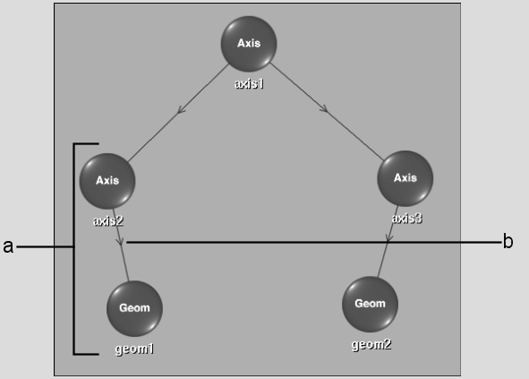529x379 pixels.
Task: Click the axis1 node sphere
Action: [249, 44]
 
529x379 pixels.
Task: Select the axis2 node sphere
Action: [107, 181]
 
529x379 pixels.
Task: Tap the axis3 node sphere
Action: [405, 178]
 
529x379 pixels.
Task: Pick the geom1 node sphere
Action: [134, 308]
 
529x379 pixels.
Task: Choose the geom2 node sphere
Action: [370, 304]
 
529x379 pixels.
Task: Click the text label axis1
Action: [249, 83]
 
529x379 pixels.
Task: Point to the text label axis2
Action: [108, 221]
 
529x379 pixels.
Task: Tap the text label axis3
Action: [407, 219]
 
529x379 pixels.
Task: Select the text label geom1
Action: [134, 349]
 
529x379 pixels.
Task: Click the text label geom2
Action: [371, 345]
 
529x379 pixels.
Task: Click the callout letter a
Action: [8, 246]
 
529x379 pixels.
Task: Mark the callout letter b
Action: [508, 242]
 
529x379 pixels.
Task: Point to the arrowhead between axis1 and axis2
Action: [181, 110]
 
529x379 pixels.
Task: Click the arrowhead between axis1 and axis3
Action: [323, 108]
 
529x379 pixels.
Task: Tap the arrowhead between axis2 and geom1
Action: [120, 241]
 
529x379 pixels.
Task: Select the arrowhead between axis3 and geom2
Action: [388, 238]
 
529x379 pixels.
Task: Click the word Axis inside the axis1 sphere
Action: [249, 43]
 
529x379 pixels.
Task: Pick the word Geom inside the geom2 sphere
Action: [370, 304]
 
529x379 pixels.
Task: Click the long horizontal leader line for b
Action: [314, 242]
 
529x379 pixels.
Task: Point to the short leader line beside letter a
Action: [45, 247]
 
